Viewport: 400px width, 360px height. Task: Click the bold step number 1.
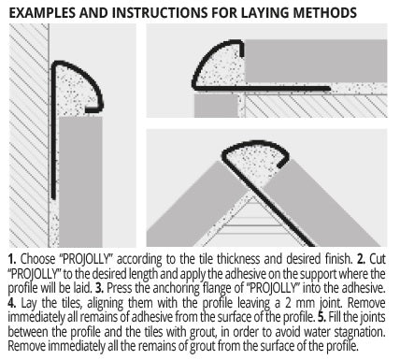pos(12,259)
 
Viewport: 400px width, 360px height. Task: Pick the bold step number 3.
pos(99,288)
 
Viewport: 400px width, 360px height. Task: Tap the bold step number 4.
pos(12,303)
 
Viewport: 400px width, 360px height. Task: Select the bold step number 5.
pos(321,317)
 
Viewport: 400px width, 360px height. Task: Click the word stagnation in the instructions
pos(360,332)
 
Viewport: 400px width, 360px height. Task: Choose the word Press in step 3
pos(117,288)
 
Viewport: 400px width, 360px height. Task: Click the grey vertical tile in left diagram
pos(80,181)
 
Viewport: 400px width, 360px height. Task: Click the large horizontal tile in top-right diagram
pos(316,61)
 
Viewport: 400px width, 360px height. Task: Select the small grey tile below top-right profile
pos(216,106)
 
